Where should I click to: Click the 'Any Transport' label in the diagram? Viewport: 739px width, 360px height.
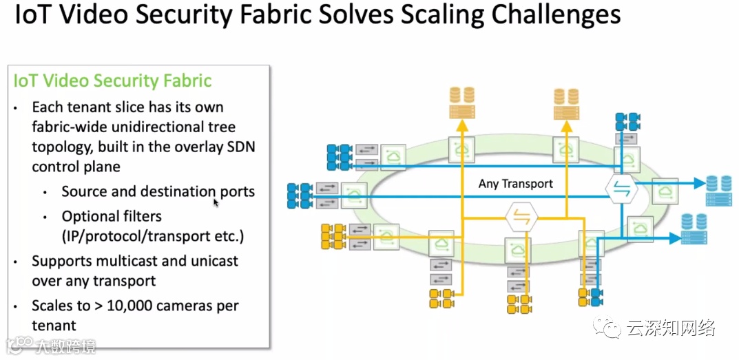coord(516,184)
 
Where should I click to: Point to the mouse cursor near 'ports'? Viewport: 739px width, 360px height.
coord(216,202)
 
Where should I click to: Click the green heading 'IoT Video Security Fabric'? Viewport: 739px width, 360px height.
coord(113,81)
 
